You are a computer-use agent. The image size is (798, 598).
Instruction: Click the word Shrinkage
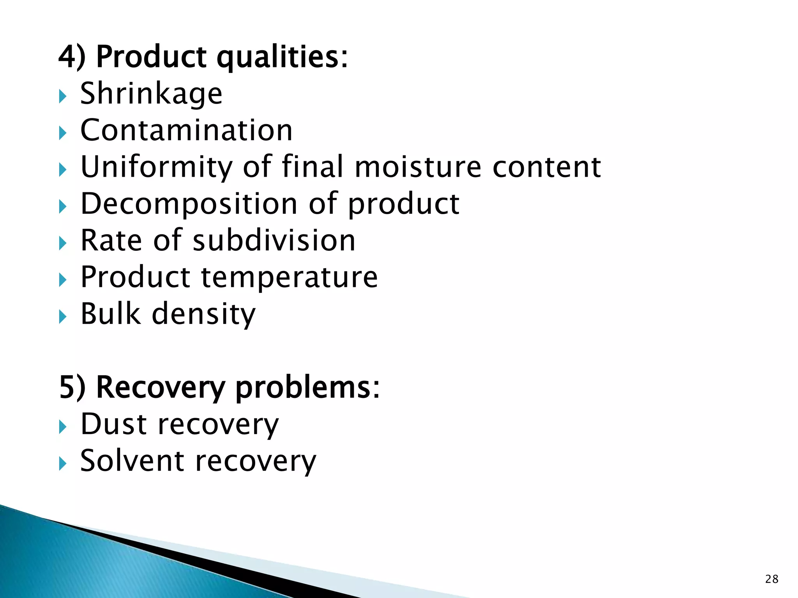151,94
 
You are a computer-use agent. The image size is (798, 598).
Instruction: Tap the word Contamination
186,130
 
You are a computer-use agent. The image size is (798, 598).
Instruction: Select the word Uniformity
156,167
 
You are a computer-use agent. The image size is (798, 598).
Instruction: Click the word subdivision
274,240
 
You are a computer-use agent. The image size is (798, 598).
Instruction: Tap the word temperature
289,278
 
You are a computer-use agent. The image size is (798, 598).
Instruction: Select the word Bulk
110,313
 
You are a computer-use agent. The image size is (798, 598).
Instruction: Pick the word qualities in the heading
282,58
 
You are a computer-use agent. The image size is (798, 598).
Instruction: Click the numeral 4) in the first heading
72,57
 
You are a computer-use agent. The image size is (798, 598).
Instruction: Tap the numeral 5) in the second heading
72,388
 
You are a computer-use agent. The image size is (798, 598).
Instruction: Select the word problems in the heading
307,389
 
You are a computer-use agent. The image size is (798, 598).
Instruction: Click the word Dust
113,424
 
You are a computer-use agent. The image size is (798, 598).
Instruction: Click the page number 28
772,579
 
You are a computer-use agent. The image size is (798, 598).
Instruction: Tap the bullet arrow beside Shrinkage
63,96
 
